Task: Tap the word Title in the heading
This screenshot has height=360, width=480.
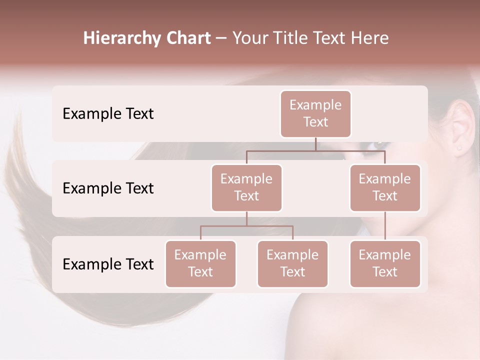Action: click(289, 38)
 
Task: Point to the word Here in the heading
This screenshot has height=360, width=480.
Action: click(369, 38)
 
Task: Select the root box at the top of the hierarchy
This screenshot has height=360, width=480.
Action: click(315, 113)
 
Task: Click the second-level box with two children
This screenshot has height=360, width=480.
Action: click(246, 187)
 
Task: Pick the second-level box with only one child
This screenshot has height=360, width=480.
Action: click(385, 187)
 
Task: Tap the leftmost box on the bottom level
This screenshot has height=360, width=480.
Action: click(200, 263)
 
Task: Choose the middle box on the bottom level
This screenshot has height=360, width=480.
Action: click(292, 263)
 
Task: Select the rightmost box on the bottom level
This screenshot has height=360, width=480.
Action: click(385, 263)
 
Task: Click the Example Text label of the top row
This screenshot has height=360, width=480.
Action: click(108, 114)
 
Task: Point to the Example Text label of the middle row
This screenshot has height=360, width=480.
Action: click(108, 188)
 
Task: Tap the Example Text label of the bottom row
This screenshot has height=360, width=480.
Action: click(108, 264)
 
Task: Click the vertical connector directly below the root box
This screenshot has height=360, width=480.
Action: click(315, 144)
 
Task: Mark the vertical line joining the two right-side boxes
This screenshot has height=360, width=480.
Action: click(385, 226)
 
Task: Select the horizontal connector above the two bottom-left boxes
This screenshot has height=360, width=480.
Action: click(246, 226)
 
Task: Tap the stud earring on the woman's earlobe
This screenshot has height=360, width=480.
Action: click(459, 148)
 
